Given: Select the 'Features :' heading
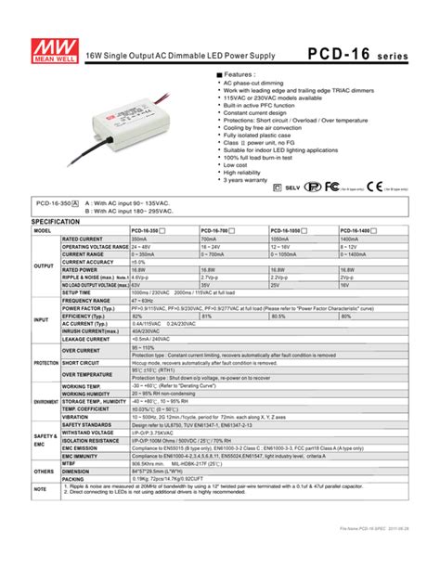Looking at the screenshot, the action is click(239, 73).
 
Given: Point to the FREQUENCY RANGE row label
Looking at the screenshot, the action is click(87, 301).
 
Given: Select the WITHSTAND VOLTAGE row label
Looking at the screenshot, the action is click(89, 433).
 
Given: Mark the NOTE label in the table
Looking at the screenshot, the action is click(40, 488).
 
